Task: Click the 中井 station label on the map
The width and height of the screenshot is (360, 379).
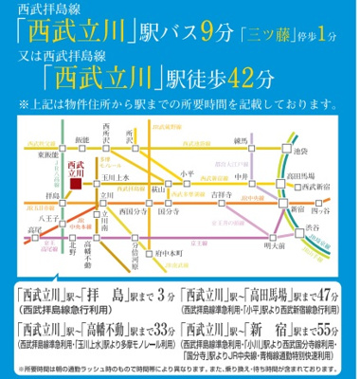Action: [x=268, y=173]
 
